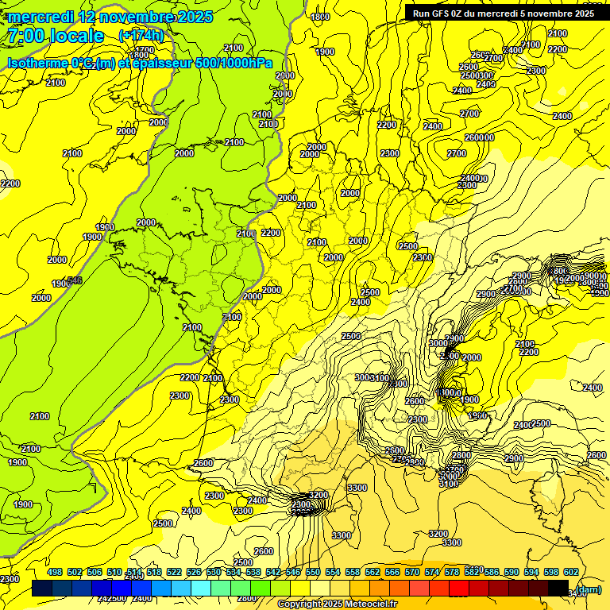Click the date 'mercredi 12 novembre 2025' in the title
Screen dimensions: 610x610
(x=110, y=17)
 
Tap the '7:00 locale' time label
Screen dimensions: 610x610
(x=55, y=36)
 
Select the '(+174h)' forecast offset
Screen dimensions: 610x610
(x=141, y=36)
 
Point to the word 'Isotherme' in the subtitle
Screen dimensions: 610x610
(x=36, y=63)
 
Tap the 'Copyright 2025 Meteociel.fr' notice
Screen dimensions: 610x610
(x=338, y=604)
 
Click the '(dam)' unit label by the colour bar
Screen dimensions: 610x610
(x=588, y=589)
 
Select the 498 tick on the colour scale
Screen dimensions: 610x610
(x=55, y=572)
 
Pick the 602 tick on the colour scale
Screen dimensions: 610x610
(x=570, y=572)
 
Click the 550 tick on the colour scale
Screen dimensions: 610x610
(x=313, y=572)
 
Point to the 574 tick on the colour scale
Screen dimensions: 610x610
(x=432, y=572)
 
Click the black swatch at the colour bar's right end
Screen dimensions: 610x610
(x=558, y=589)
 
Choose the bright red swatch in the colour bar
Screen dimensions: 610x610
(x=459, y=589)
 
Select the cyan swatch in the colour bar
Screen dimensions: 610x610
(x=201, y=589)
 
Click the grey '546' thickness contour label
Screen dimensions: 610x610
(x=75, y=280)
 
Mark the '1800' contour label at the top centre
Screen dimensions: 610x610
(x=320, y=17)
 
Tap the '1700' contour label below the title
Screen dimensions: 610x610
(x=144, y=49)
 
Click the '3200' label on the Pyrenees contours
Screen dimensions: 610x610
(x=319, y=495)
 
